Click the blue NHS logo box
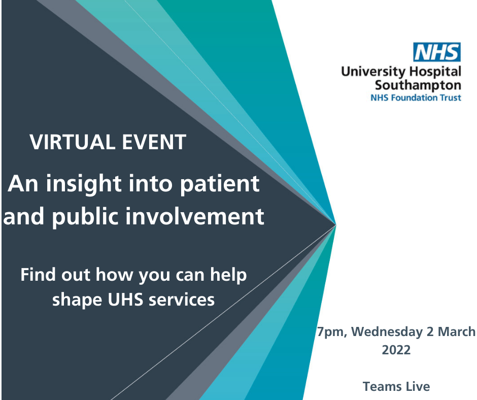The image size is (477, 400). click(437, 52)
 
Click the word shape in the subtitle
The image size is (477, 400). click(78, 300)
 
